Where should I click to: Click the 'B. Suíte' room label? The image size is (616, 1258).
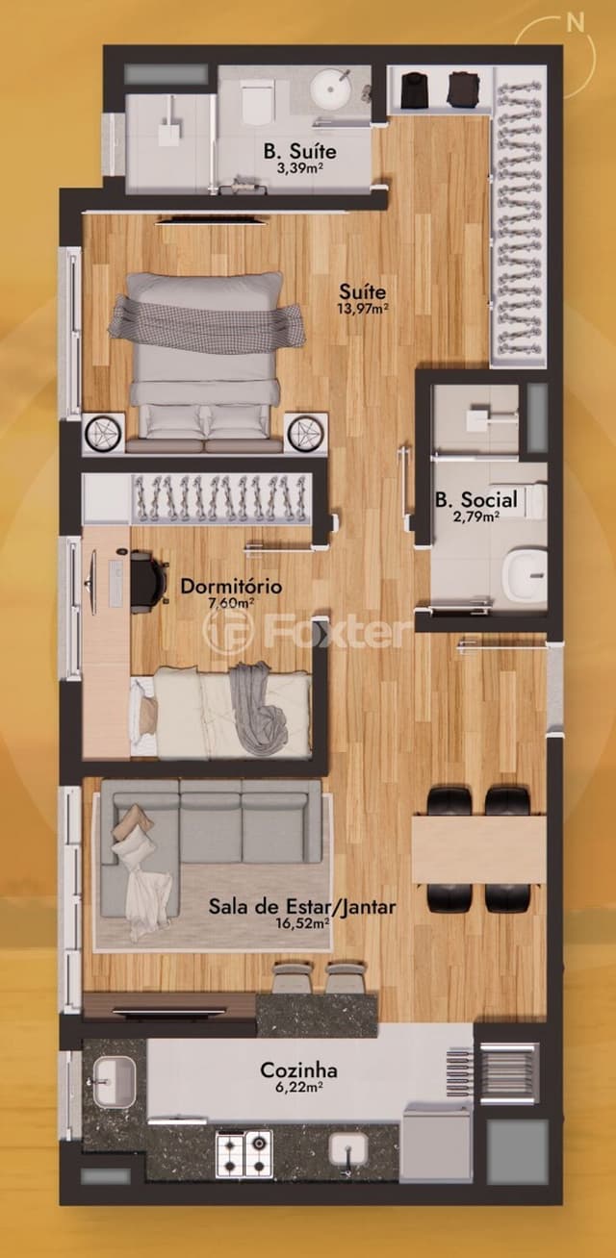click(x=300, y=151)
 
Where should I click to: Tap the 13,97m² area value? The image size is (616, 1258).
click(x=364, y=309)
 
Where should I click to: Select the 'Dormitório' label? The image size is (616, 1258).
click(x=231, y=587)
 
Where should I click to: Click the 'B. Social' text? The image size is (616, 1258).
click(x=476, y=499)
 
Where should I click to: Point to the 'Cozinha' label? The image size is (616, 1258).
click(x=298, y=1070)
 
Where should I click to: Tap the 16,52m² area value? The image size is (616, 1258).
click(x=303, y=922)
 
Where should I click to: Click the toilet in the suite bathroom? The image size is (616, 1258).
click(x=256, y=101)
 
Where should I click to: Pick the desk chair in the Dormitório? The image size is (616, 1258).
click(x=149, y=578)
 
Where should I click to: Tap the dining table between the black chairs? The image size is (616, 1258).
click(x=479, y=849)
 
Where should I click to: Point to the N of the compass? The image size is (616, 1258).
click(x=575, y=22)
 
